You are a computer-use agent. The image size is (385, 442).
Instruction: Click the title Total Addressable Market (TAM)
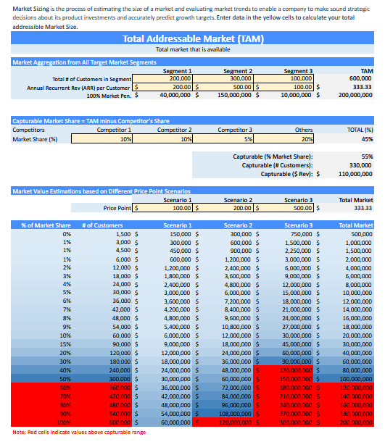coord(192,38)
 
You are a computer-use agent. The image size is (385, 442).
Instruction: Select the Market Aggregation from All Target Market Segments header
coord(85,62)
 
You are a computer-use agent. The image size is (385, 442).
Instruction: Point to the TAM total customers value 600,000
coord(360,78)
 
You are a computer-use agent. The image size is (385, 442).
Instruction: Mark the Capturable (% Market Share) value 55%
coord(366,157)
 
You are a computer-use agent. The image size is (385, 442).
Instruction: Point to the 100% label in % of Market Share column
coord(65,422)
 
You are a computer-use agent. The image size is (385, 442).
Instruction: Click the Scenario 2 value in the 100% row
coord(235,422)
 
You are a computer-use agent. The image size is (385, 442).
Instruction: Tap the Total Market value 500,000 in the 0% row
coord(360,234)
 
